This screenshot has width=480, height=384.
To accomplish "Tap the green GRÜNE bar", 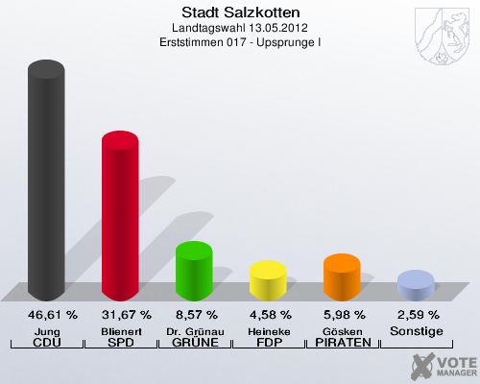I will (194, 271).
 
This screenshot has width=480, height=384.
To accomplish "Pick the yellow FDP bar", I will (268, 279).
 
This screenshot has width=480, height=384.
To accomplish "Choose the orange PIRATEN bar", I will (342, 276).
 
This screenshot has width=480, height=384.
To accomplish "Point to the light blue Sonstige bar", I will (416, 285).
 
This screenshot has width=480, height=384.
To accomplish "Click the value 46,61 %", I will (46, 315).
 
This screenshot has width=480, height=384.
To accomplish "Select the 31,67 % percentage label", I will (120, 315).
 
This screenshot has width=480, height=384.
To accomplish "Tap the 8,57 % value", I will (194, 315).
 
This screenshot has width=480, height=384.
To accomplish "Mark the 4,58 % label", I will (268, 315).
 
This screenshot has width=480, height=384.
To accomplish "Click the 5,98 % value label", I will (342, 315).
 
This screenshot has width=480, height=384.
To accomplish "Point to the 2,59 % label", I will (416, 315).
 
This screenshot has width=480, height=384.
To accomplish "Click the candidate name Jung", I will (46, 330).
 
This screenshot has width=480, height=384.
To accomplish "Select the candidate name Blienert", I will (120, 330).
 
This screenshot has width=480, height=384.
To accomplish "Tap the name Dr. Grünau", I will (194, 330).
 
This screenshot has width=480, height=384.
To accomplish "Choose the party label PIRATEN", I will (342, 343).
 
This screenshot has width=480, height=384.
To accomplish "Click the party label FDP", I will (268, 343).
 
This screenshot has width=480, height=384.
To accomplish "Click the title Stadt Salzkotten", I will (240, 12).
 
